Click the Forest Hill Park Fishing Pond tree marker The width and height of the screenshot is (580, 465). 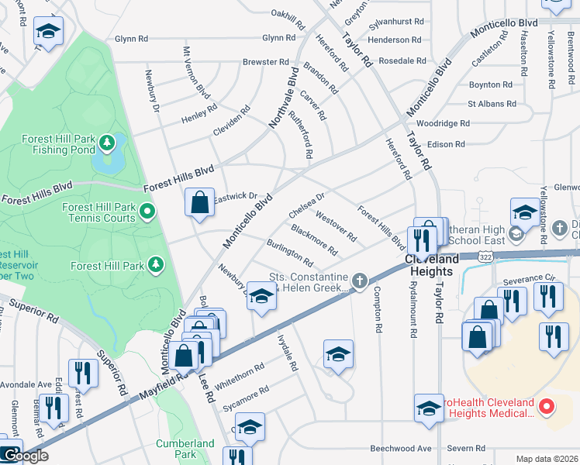109,143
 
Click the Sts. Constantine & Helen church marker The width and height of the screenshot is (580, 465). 358,280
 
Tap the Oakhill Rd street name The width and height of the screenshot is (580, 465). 292,13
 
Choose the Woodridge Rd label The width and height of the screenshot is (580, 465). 443,123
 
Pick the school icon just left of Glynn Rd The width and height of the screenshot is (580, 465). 49,33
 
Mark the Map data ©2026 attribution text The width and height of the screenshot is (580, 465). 547,459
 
